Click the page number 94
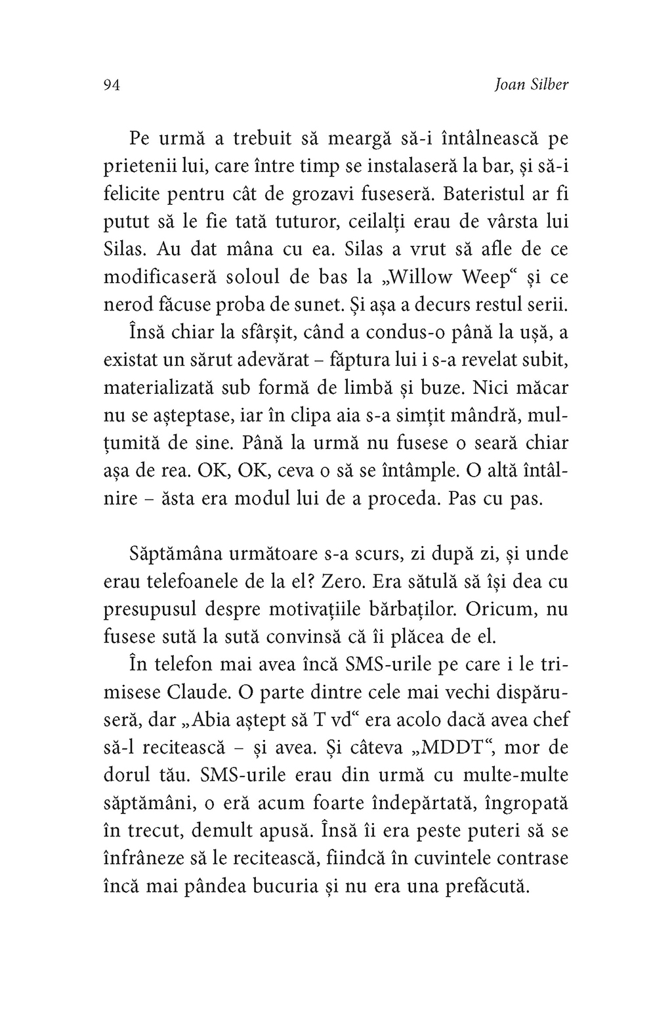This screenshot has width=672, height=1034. (110, 85)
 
